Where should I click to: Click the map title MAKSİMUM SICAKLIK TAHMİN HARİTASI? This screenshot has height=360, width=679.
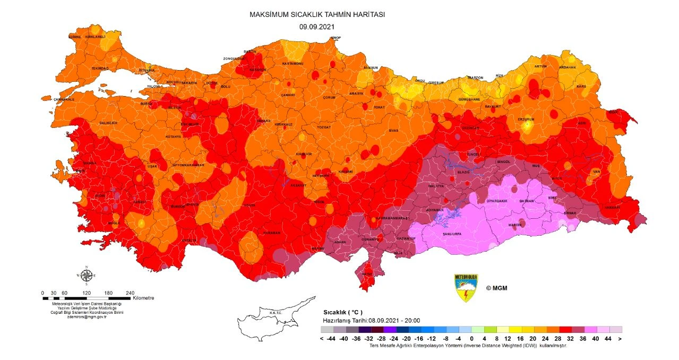317,15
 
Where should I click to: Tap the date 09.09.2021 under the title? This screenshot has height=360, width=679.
317,26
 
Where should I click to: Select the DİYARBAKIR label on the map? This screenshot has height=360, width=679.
498,201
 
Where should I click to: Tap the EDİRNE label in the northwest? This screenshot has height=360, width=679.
75,37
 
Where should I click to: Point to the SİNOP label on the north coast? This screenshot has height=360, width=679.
336,38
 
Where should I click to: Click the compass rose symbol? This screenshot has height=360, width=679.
86,275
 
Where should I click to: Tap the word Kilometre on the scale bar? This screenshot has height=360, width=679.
143,298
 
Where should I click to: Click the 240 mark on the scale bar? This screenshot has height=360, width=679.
130,293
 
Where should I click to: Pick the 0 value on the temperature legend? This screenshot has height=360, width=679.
457,338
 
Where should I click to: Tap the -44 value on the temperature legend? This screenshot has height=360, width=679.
330,338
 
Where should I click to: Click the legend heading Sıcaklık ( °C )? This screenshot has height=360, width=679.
342,313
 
